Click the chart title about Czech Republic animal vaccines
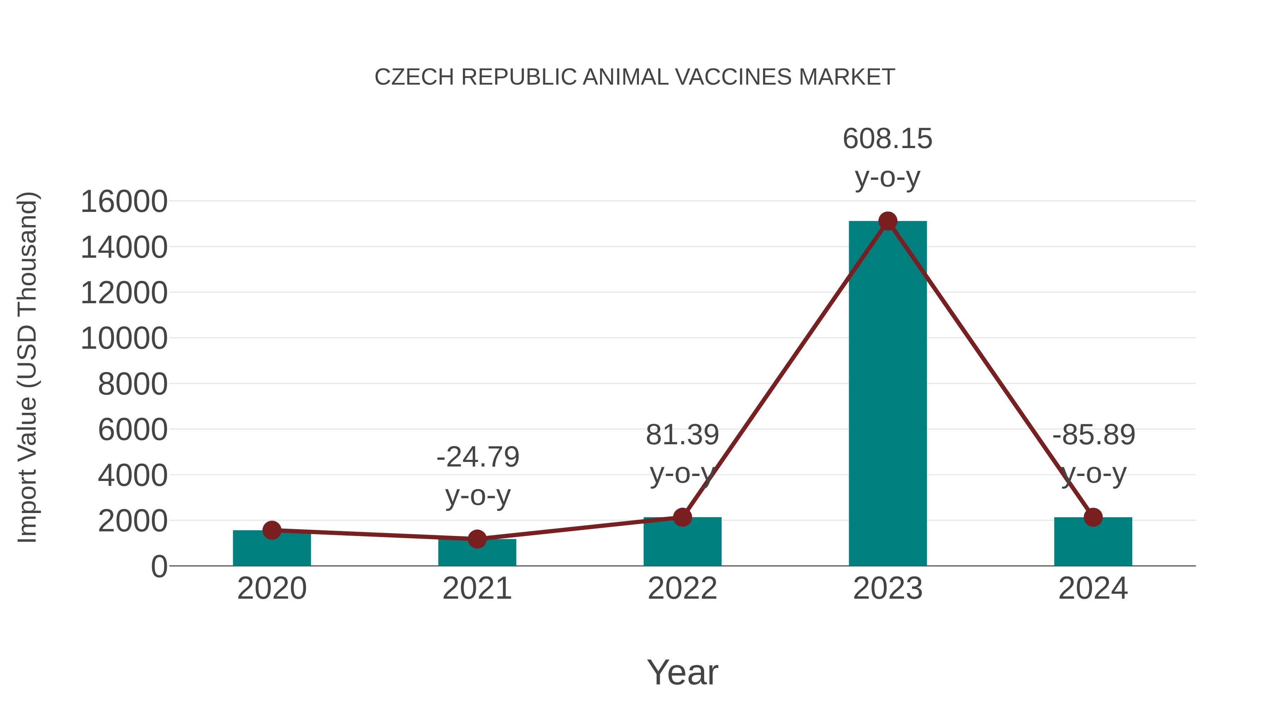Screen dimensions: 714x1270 coord(635,77)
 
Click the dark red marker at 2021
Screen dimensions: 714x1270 coord(477,539)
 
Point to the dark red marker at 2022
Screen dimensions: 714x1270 coord(682,517)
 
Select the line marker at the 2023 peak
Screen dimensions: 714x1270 coord(888,221)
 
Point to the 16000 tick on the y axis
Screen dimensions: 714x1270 coord(124,202)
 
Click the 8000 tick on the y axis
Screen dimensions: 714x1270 coord(133,384)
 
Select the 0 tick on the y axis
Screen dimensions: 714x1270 coord(159,567)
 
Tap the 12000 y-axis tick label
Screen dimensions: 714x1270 coord(124,293)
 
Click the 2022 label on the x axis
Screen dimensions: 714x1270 coord(682,588)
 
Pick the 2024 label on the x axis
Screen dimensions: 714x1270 coord(1093,588)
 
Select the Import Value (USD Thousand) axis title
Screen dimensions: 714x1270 coord(27,367)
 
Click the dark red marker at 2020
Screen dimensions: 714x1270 coord(272,530)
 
